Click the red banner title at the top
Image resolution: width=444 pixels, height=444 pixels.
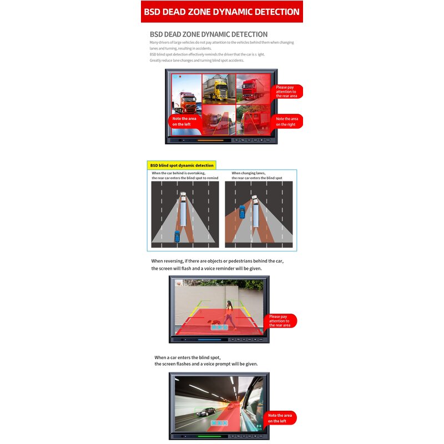point(221,12)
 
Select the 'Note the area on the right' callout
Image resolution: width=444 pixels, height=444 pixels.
point(288,121)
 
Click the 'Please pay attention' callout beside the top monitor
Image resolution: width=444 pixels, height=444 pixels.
point(287,92)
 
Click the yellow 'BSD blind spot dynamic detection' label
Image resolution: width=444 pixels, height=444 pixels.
point(182,165)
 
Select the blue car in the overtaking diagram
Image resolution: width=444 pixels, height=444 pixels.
point(177,235)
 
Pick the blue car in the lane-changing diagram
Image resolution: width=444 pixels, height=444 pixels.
point(242,211)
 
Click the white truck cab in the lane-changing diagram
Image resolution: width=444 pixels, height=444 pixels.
point(254,199)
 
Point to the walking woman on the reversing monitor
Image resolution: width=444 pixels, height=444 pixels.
point(228,312)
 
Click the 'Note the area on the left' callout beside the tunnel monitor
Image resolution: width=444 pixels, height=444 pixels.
point(281,418)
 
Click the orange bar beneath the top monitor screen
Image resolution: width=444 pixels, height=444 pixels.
point(211,140)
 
